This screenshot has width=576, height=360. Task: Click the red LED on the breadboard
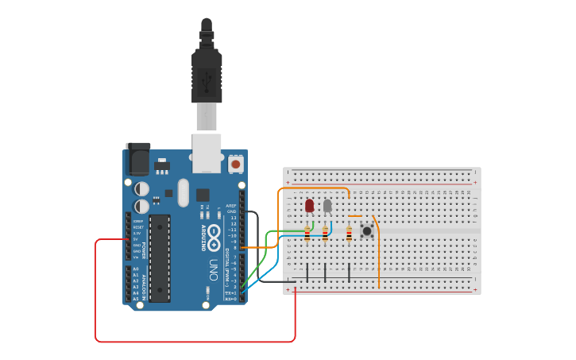(309, 206)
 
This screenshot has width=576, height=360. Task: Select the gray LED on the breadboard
(327, 206)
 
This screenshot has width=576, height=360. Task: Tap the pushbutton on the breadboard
(367, 231)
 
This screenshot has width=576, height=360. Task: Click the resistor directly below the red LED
(307, 234)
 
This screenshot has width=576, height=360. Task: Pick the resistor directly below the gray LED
(325, 234)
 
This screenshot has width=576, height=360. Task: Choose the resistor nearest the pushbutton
(349, 233)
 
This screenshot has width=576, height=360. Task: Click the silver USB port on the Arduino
(207, 153)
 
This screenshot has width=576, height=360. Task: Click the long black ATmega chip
(160, 257)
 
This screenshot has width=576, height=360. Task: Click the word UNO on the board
(213, 265)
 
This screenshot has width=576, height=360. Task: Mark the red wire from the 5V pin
(96, 294)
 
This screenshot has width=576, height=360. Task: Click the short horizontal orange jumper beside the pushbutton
(355, 216)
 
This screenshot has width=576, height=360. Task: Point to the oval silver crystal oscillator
(184, 192)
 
